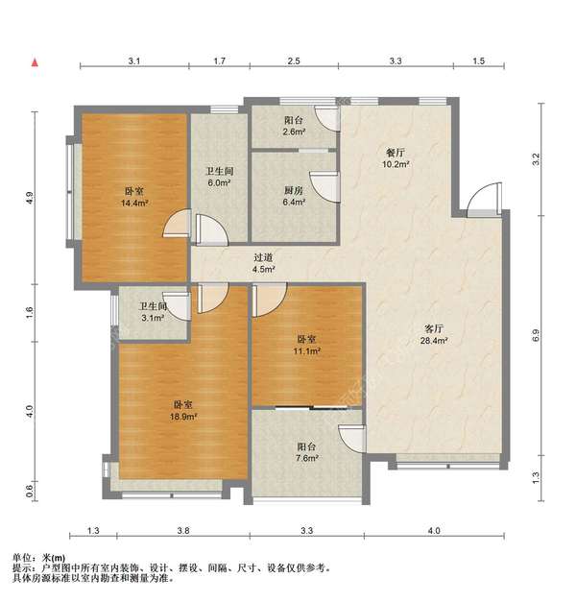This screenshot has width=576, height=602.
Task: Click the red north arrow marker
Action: pos(35,62)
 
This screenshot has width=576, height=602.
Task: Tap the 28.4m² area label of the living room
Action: pos(434,341)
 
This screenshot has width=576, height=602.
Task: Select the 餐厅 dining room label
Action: pos(396,153)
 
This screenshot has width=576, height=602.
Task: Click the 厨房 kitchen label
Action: pos(294,190)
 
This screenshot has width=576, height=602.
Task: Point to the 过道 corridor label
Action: pos(263,257)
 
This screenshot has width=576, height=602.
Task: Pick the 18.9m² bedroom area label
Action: pos(183,417)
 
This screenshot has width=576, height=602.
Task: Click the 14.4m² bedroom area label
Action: pos(134,204)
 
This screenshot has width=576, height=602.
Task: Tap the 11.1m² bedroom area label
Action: pos(307,350)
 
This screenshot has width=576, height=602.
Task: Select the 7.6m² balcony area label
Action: pos(307,458)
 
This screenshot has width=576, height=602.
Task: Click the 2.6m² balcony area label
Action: pos(294,132)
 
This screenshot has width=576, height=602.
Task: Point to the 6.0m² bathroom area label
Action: pos(219,182)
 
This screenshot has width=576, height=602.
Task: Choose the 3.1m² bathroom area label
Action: pos(153,318)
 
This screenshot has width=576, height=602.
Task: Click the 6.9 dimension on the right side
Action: pos(536,335)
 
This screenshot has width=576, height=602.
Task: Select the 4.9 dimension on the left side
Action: pos(31,198)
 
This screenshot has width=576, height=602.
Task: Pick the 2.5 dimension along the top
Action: pos(294,60)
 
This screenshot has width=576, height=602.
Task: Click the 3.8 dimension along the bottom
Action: pos(183,531)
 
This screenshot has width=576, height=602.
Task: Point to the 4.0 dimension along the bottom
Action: pos(434,531)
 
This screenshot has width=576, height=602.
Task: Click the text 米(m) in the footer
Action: pos(54,558)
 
